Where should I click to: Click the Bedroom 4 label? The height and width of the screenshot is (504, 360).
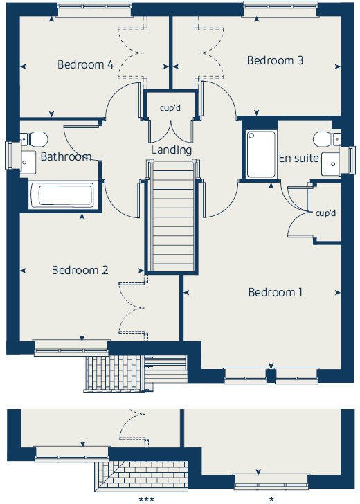[85, 65]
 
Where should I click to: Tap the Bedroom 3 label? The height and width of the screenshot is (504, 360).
[275, 61]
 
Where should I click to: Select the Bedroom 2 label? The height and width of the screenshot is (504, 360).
[80, 270]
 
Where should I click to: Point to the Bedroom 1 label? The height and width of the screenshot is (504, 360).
[276, 292]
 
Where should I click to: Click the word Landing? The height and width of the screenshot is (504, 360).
[172, 150]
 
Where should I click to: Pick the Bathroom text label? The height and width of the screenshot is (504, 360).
[66, 156]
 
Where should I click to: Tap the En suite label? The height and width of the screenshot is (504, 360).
[298, 159]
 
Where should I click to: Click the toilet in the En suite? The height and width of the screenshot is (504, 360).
[322, 140]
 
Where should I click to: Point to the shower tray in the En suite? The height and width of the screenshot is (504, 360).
[258, 155]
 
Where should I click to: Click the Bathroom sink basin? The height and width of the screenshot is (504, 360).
[27, 163]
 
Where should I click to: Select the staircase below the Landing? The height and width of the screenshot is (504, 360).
[172, 215]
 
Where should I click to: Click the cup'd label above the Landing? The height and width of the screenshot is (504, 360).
[170, 109]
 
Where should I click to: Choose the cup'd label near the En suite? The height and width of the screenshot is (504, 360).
[325, 213]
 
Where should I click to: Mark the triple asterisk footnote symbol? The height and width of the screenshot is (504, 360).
[146, 498]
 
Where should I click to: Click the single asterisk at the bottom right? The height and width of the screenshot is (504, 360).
[271, 498]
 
